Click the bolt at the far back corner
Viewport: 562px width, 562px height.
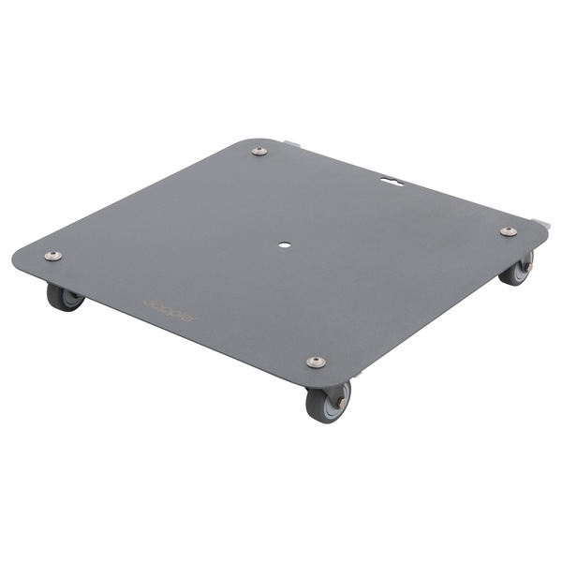pos(259,151)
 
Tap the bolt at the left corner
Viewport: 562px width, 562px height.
pos(53,256)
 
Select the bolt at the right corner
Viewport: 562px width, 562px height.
pos(508,231)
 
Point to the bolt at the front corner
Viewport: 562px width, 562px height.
pos(316,362)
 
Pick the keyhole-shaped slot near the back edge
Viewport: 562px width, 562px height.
pos(392,175)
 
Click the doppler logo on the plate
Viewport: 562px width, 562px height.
pos(170,309)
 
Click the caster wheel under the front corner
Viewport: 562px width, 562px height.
pos(326,402)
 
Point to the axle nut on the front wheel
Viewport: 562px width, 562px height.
pos(341,401)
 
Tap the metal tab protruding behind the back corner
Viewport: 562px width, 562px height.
pos(292,144)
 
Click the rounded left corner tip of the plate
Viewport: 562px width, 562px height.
pos(19,258)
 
